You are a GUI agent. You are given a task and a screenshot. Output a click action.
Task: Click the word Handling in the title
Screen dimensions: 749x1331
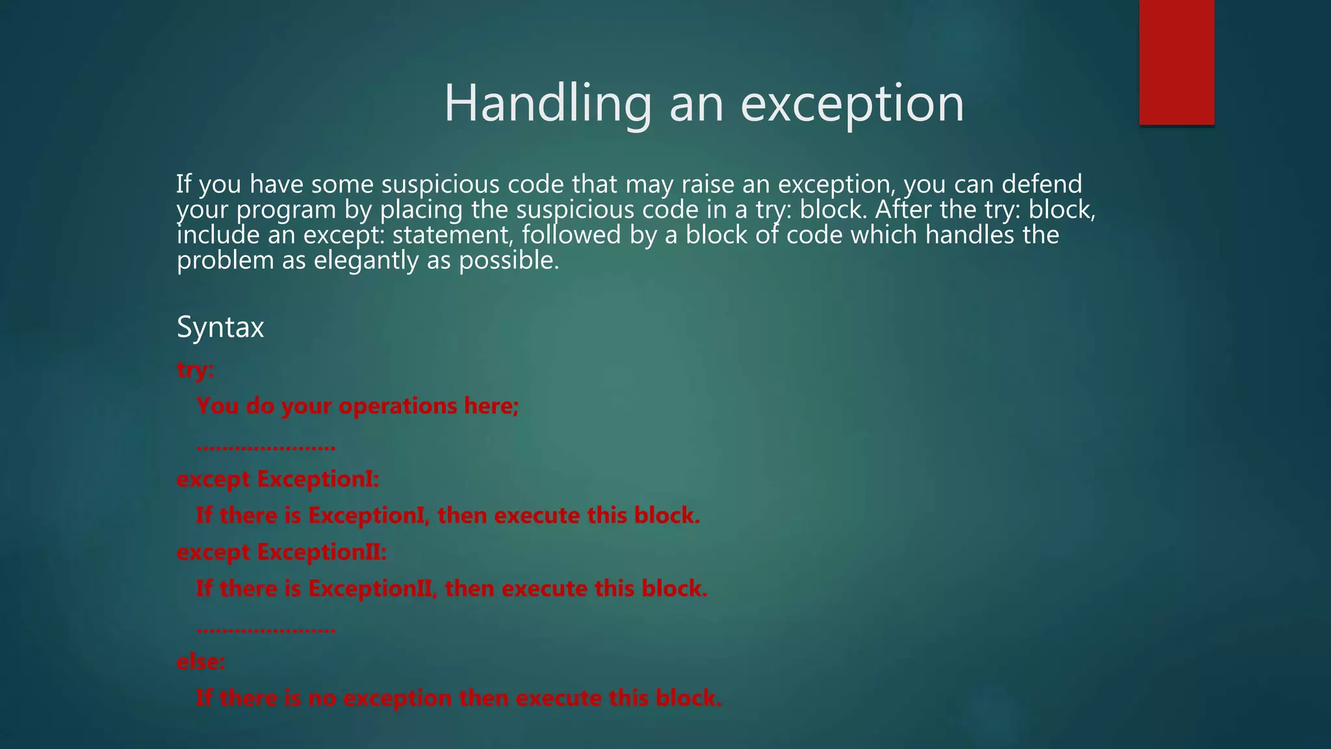click(x=548, y=103)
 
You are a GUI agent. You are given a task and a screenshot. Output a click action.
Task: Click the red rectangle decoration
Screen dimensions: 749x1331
click(x=1176, y=62)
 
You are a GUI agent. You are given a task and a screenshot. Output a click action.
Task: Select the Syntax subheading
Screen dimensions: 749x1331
click(x=220, y=327)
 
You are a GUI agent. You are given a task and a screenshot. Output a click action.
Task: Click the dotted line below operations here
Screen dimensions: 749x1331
click(x=266, y=447)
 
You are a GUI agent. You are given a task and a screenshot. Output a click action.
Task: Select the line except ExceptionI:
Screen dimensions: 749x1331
click(x=278, y=479)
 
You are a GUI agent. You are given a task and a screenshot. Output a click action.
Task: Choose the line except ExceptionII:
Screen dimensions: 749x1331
click(x=282, y=552)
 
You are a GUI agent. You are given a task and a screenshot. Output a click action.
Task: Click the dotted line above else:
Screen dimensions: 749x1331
click(x=266, y=629)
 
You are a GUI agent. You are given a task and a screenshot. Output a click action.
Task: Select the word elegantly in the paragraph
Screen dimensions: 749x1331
click(x=367, y=261)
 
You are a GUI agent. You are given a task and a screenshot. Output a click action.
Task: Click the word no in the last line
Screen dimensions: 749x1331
click(x=322, y=698)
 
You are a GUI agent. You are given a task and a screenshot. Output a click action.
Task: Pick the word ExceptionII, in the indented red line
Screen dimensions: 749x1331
click(x=372, y=589)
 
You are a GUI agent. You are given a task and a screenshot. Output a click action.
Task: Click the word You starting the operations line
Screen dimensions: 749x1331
click(x=218, y=406)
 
